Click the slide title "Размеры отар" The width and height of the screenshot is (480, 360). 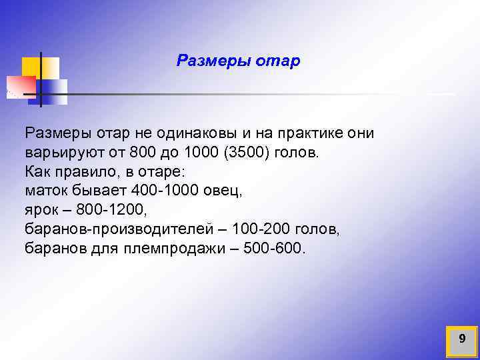238,61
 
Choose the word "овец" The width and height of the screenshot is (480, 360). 225,191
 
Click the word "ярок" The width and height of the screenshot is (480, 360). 41,210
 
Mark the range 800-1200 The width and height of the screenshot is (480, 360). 109,210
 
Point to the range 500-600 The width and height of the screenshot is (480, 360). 271,249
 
